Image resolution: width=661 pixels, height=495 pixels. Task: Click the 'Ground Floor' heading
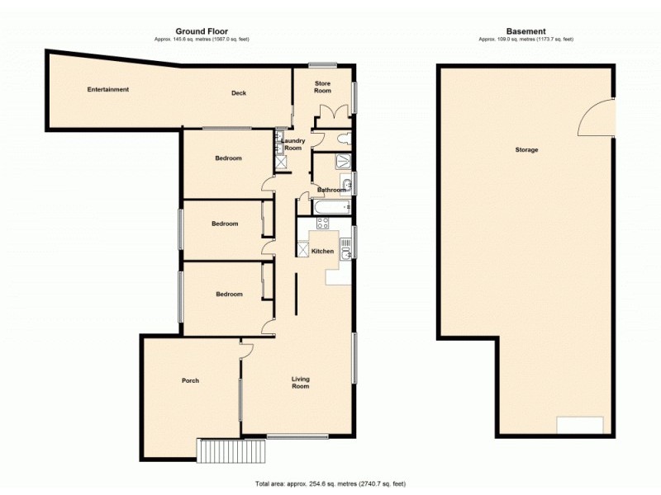point(202,31)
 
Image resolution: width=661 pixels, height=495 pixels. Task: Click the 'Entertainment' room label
point(108,89)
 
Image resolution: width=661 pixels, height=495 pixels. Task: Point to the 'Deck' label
point(239,93)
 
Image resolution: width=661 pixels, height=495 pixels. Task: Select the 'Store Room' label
point(323,87)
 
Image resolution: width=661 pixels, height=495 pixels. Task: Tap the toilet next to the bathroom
point(345,139)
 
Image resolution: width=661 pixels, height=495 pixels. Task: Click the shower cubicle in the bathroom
point(345,162)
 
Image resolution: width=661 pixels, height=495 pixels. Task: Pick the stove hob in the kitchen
point(323,223)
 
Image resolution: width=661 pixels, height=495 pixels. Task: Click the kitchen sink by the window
point(346,254)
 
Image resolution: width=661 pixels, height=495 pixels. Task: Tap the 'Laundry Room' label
point(293,144)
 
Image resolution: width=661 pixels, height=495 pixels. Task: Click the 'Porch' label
point(190,380)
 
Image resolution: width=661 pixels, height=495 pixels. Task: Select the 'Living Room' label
point(300,383)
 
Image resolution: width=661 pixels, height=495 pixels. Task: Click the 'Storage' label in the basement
point(526,150)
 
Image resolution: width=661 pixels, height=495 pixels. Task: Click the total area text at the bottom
point(330,483)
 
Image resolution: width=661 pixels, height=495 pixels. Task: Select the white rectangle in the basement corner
point(579,425)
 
